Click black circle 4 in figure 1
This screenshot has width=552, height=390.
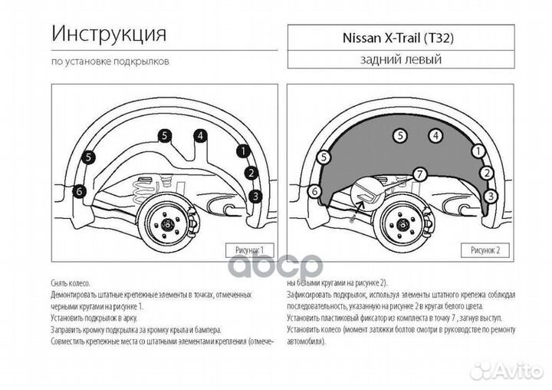[200, 136]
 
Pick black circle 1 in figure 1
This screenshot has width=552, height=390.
[242, 151]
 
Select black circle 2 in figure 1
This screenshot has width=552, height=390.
[251, 173]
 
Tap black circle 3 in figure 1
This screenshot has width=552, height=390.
[256, 196]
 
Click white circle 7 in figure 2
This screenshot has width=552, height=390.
[419, 174]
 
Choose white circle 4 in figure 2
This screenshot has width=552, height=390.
[435, 136]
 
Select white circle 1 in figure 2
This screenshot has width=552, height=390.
[478, 151]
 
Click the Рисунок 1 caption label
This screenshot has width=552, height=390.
[245, 250]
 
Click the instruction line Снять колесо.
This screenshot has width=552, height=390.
[71, 283]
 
